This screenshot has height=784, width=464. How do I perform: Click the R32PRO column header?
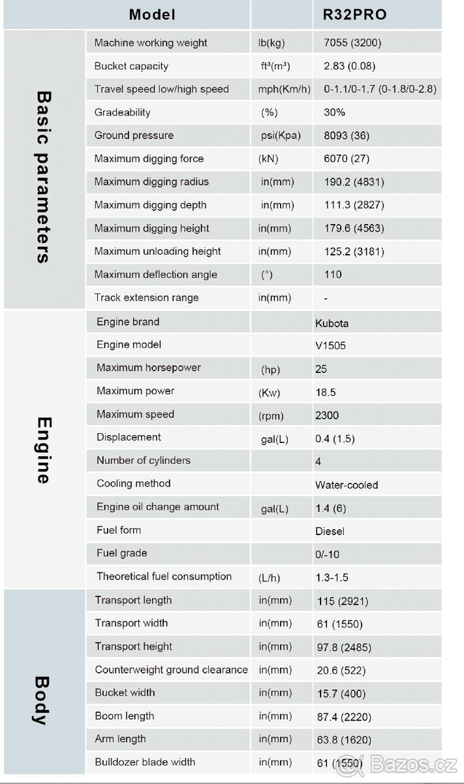(355, 14)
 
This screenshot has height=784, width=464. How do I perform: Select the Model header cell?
(152, 14)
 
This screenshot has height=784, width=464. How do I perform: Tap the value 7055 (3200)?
(352, 43)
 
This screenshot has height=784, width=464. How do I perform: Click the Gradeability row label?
(122, 112)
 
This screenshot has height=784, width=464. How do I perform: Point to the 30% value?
(334, 112)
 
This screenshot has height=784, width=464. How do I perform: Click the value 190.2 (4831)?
(354, 182)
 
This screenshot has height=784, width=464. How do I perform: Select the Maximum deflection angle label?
(155, 274)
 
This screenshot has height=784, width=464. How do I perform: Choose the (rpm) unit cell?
(271, 416)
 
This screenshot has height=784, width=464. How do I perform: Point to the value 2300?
(327, 416)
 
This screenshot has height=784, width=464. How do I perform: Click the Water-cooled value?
(347, 485)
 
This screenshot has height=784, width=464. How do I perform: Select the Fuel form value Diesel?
(330, 532)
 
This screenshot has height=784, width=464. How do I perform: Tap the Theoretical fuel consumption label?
(164, 576)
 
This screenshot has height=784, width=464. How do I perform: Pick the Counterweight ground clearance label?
(171, 670)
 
